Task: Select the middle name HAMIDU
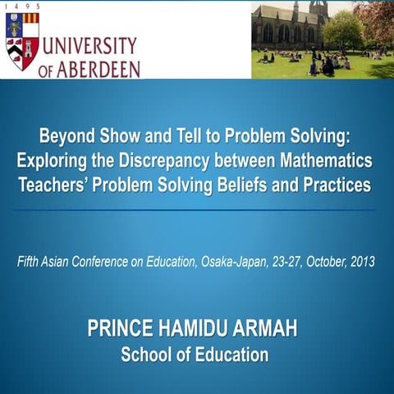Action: (195, 331)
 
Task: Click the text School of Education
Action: (195, 355)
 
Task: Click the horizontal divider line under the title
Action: (197, 209)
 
